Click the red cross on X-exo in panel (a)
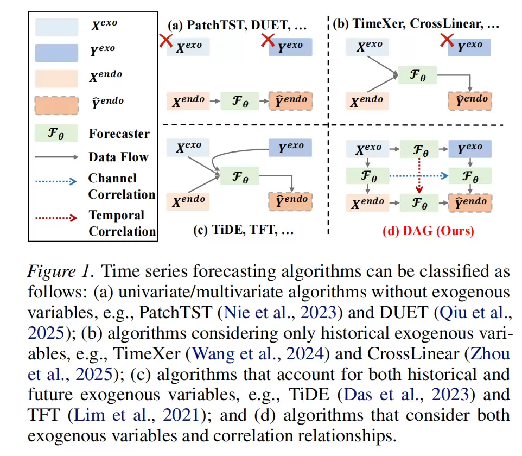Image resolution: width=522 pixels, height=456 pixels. (x=165, y=41)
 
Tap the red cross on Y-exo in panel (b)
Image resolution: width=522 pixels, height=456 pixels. (x=447, y=40)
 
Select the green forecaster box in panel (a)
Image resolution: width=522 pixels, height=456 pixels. (x=240, y=101)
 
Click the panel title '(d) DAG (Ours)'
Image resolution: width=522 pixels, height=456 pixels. (x=428, y=231)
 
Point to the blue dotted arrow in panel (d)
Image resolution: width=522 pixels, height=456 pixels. (x=418, y=175)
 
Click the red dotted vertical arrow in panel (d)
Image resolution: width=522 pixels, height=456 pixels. (x=419, y=175)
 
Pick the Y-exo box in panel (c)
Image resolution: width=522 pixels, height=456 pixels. (x=290, y=148)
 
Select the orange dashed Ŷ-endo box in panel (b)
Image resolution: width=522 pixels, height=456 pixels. (x=470, y=101)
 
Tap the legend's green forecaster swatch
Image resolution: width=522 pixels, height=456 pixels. (x=56, y=133)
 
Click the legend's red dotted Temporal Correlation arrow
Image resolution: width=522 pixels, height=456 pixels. (x=56, y=218)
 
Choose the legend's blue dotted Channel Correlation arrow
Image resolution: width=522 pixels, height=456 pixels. (x=56, y=181)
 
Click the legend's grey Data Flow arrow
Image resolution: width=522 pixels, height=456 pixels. (x=56, y=157)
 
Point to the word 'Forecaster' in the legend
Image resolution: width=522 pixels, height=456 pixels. (x=119, y=134)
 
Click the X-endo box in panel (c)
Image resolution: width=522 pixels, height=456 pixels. (x=188, y=201)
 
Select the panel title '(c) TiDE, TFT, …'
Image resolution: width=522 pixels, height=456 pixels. (x=243, y=230)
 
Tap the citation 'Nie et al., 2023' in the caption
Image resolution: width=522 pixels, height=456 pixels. (x=281, y=313)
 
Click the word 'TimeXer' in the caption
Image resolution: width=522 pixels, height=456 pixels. (x=147, y=354)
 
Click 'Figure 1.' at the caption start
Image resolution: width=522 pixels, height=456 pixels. (x=61, y=271)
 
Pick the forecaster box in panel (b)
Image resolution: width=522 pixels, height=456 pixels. (x=417, y=75)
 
